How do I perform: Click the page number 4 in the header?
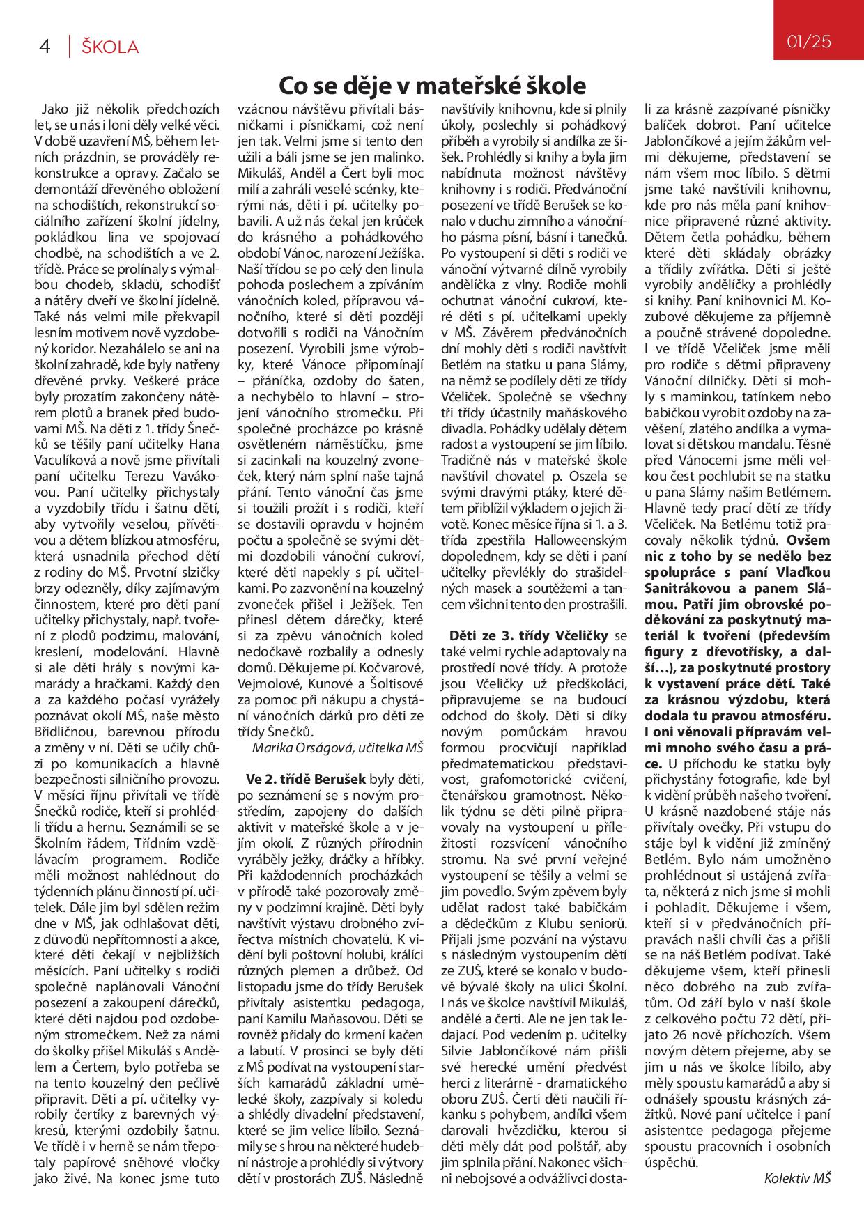coord(45,47)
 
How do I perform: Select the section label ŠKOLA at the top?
coord(110,47)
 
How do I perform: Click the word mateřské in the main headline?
coord(461,86)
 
